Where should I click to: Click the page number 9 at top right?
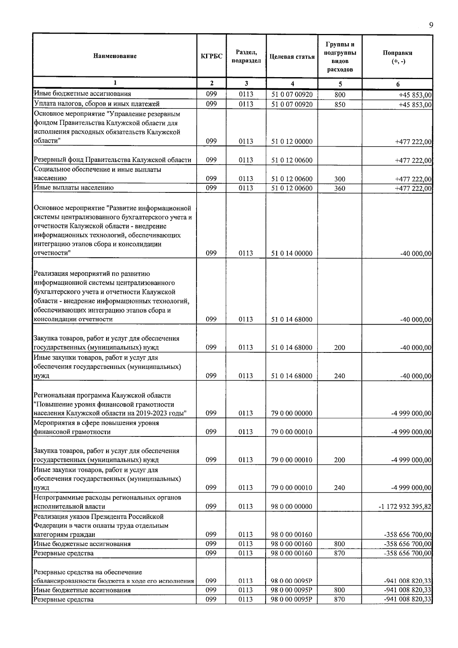click(x=431, y=25)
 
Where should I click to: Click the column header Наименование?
click(x=114, y=57)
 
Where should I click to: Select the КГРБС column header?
click(x=211, y=57)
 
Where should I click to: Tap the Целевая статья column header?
click(x=292, y=57)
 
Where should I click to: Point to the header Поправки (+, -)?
click(x=397, y=57)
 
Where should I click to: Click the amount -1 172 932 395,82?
click(x=405, y=507)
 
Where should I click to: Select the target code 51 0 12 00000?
click(x=292, y=142)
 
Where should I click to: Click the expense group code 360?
click(x=340, y=188)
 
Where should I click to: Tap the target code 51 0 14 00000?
click(x=292, y=254)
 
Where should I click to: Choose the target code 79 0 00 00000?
click(x=292, y=413)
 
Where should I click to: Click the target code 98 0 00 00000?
click(x=292, y=507)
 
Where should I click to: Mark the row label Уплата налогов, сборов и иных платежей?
click(x=97, y=104)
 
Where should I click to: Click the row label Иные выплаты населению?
click(x=74, y=188)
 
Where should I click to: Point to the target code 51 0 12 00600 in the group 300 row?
click(x=292, y=179)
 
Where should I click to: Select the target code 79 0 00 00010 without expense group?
click(x=292, y=432)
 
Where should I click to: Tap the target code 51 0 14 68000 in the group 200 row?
click(x=292, y=347)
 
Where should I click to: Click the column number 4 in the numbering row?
click(x=292, y=84)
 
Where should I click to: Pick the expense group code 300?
click(x=340, y=179)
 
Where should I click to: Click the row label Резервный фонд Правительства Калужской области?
click(x=113, y=160)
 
